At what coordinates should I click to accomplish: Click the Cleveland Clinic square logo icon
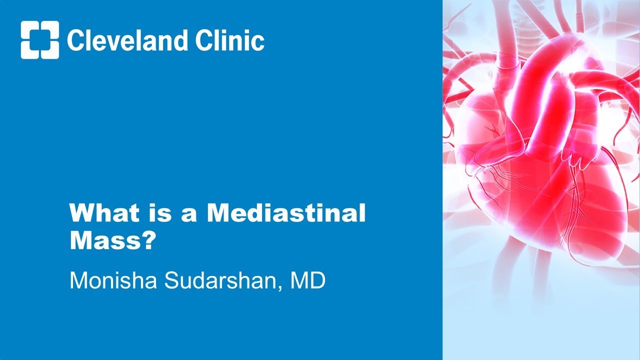pos(40,40)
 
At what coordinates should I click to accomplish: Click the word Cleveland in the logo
pos(126,40)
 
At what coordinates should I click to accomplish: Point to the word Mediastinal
pos(286,213)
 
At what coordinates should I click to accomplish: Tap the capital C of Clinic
pos(204,40)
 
